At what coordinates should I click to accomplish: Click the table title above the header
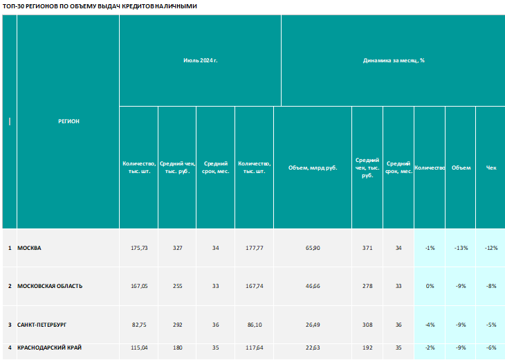(100, 6)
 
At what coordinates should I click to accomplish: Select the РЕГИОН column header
(68, 121)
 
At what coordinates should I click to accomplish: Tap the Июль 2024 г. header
(201, 60)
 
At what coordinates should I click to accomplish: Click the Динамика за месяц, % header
(394, 60)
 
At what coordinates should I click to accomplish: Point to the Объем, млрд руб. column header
(313, 168)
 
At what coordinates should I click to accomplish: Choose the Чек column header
(491, 168)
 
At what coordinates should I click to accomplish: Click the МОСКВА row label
(29, 248)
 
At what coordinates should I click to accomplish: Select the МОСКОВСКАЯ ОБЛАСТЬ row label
(50, 286)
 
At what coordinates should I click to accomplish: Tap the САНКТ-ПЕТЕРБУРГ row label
(42, 325)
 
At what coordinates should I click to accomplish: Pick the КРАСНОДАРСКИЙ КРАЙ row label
(49, 348)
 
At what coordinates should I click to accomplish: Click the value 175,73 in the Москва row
(139, 248)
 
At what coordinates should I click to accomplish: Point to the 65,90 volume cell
(313, 248)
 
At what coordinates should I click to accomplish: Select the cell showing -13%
(461, 248)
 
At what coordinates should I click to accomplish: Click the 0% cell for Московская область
(430, 286)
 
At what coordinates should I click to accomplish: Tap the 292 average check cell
(178, 325)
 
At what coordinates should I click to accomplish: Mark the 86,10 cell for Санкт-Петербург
(255, 325)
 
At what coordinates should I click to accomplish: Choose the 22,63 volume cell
(313, 348)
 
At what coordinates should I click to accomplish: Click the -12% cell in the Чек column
(491, 248)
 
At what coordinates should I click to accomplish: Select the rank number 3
(10, 325)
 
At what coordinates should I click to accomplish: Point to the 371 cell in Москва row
(367, 248)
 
